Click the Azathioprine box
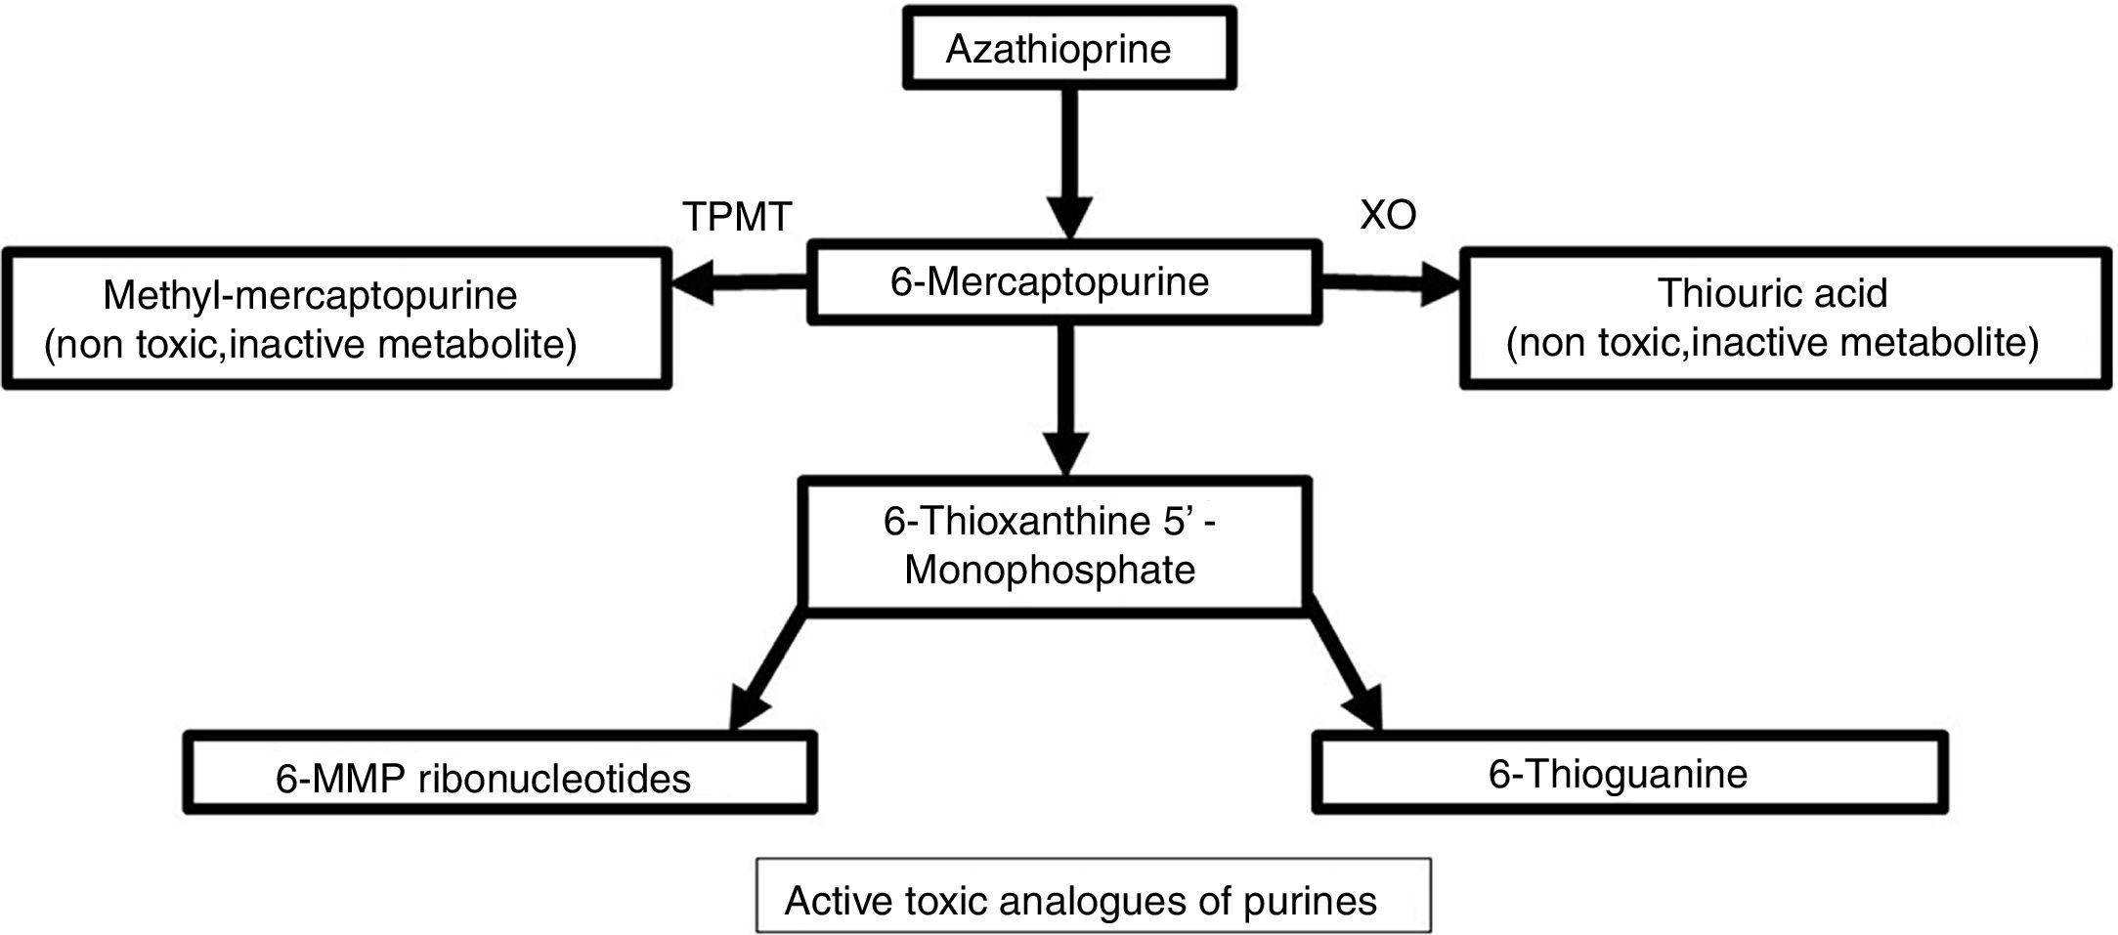(1068, 49)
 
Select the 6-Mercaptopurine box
(1063, 282)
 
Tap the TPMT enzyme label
(736, 216)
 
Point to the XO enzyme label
(1388, 215)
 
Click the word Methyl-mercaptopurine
(310, 295)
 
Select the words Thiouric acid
(1771, 293)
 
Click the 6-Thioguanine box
(1629, 774)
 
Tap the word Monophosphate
(1050, 570)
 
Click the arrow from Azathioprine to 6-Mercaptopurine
(1069, 161)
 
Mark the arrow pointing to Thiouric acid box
(1388, 285)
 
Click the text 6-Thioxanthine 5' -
(1050, 521)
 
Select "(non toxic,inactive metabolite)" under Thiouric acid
(1772, 343)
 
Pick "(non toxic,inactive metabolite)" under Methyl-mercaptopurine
(310, 344)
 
